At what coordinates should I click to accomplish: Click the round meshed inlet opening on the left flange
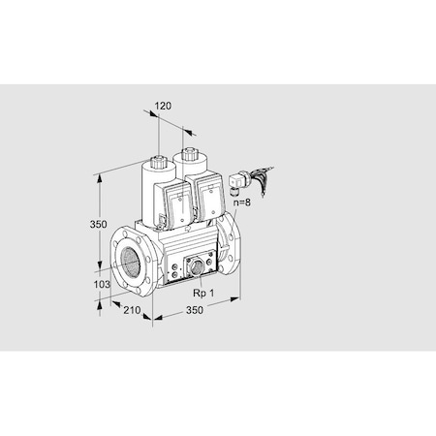(128, 261)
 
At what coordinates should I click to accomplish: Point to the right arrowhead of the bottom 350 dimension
(237, 300)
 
